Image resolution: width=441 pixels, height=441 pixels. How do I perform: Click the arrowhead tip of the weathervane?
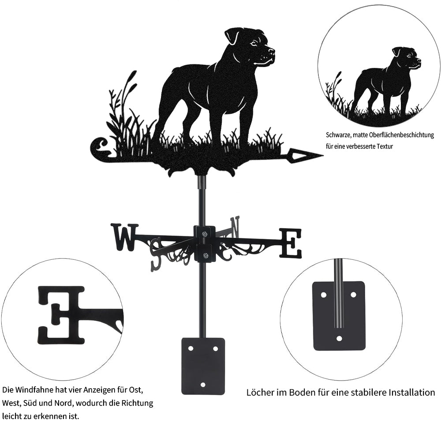323,155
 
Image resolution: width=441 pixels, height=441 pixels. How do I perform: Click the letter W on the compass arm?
125,237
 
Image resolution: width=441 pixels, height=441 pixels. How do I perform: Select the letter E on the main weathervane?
291,243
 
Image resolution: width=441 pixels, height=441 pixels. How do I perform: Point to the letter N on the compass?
235,227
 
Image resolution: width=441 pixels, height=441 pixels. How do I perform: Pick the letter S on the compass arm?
157,253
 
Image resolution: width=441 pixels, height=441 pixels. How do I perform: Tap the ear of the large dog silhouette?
231,36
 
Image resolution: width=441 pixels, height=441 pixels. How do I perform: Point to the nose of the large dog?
272,51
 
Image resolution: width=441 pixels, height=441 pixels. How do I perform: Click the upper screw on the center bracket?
204,233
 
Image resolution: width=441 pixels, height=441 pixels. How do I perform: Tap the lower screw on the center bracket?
206,256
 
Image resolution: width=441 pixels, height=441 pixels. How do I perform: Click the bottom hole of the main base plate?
203,385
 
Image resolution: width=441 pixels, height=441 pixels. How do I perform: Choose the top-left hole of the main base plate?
191,348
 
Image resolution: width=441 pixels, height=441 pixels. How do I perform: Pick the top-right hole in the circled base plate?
353,295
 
